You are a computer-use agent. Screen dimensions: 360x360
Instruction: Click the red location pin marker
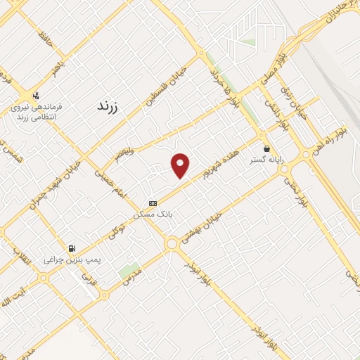(181, 165)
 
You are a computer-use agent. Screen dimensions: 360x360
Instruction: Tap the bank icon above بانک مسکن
(153, 202)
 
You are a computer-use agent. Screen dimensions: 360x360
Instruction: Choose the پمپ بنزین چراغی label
(73, 259)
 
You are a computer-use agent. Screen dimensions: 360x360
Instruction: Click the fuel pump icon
(72, 247)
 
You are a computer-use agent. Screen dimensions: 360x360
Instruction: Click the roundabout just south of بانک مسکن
(171, 243)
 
